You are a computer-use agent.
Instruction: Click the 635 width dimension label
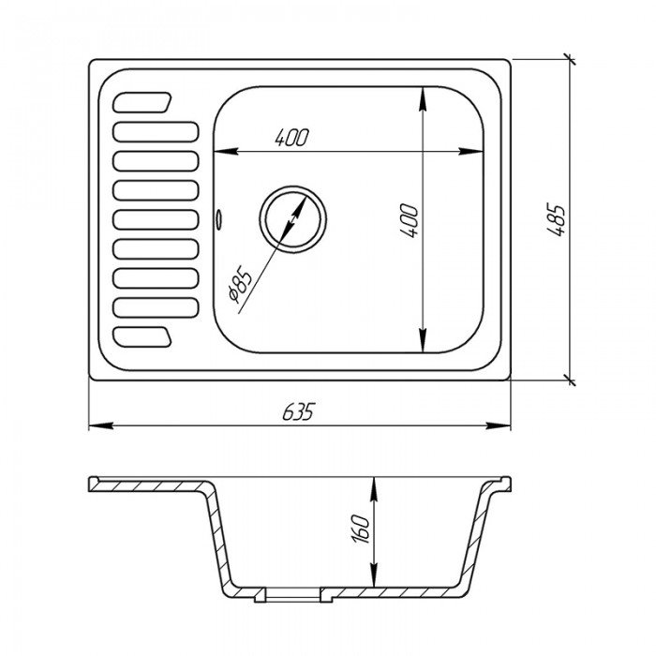point(298,411)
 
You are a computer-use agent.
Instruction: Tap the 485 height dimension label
point(557,219)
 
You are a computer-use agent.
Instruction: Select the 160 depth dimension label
point(361,529)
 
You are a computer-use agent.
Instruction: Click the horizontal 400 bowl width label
point(292,137)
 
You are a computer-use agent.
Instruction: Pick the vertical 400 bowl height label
point(410,220)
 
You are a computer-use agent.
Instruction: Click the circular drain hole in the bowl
point(292,219)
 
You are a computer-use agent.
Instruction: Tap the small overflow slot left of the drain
point(218,218)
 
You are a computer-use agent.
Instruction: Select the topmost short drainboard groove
point(142,102)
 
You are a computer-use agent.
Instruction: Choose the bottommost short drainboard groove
point(142,337)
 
